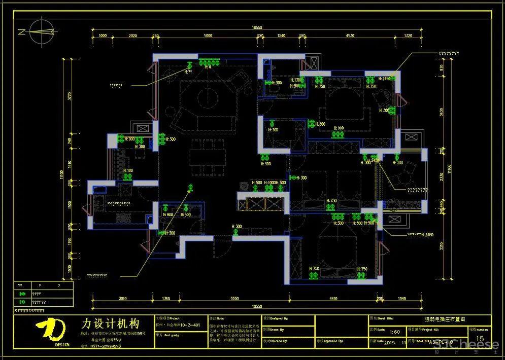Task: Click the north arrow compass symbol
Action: tap(40, 31)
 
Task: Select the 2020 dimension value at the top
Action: tap(133, 36)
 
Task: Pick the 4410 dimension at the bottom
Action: tap(333, 299)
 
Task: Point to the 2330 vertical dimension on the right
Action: tap(442, 177)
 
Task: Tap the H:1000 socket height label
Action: tap(271, 183)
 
